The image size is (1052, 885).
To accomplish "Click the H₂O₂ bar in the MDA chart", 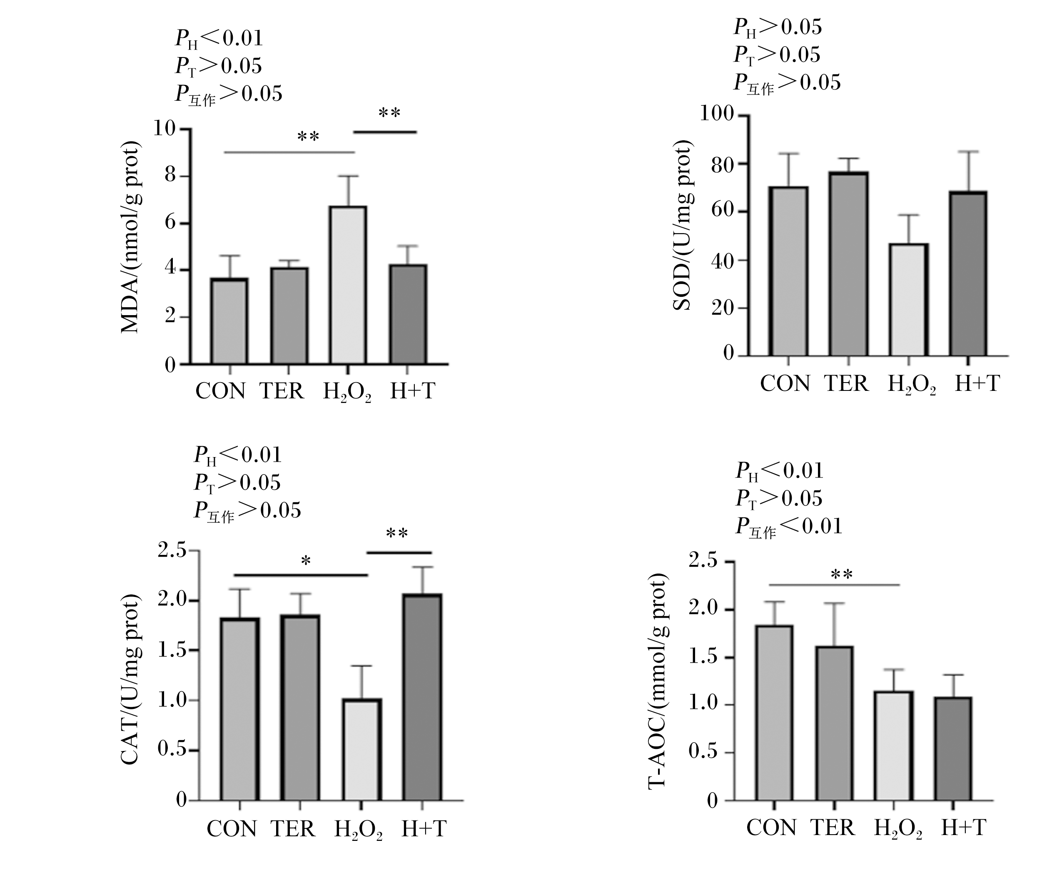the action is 348,285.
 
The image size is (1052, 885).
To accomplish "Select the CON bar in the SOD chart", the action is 788,271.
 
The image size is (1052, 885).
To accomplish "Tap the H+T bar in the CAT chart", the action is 423,697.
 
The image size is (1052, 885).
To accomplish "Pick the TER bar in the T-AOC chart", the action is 834,723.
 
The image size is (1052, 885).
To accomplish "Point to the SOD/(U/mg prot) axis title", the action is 683,225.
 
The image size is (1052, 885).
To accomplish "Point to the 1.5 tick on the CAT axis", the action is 172,651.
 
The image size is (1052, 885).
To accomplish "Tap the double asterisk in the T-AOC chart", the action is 842,574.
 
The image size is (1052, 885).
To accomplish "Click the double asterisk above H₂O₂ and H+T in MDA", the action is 389,113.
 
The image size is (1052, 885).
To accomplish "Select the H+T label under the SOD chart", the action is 977,384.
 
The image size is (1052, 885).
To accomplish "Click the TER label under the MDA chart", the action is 282,391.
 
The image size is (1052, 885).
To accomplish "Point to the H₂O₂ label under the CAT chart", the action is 358,830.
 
